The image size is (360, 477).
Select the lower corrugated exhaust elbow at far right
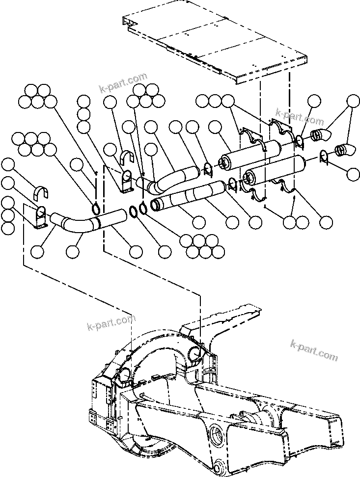(x=343, y=148)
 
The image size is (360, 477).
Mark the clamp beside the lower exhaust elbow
(x=323, y=157)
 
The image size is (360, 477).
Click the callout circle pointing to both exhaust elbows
(x=352, y=101)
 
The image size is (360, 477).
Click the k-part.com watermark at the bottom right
(x=314, y=349)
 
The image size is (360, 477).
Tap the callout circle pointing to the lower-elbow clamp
(x=352, y=173)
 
